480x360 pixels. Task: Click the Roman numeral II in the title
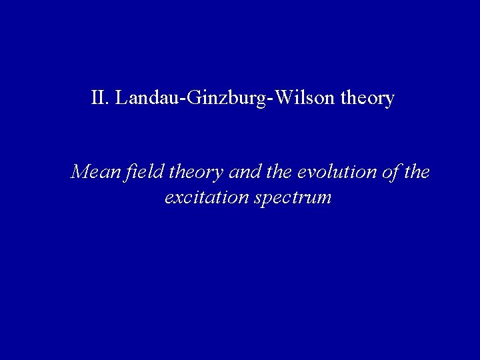tap(100, 99)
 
